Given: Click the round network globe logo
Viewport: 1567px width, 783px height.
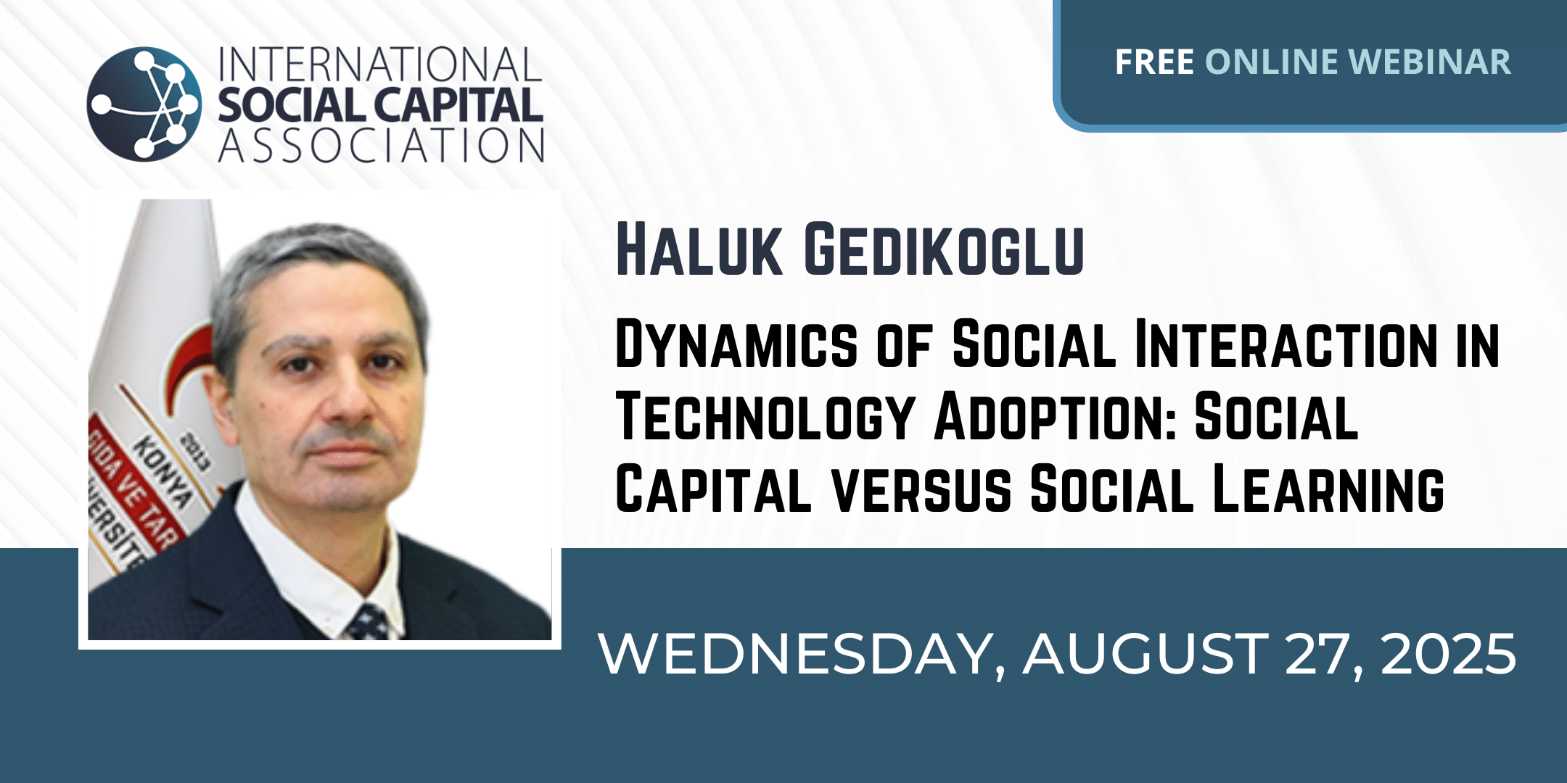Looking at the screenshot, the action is click(x=144, y=104).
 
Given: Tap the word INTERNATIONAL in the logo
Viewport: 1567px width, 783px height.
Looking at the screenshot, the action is click(x=380, y=65).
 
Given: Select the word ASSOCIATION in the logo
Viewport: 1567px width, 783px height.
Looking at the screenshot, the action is click(x=382, y=145).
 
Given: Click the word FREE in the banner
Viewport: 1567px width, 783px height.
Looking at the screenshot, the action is click(x=1154, y=62).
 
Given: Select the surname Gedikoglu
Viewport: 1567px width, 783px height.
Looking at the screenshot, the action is click(x=944, y=250).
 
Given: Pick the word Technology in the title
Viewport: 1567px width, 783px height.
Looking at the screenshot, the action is click(x=764, y=418).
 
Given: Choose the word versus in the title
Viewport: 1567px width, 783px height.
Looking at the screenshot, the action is click(x=921, y=489).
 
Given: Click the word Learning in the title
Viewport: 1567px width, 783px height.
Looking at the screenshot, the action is click(x=1328, y=489).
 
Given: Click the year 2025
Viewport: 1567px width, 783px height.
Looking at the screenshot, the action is click(x=1448, y=654).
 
